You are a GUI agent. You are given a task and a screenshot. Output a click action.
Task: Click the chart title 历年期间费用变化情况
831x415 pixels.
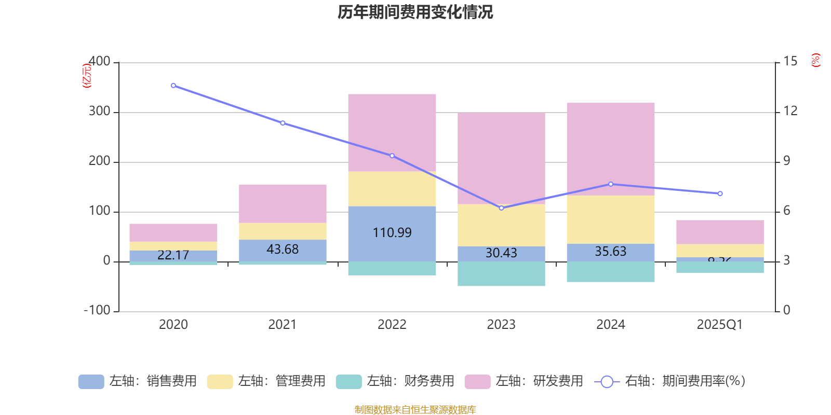tap(415, 12)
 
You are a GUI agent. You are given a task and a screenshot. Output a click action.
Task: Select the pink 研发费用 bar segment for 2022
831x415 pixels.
tap(392, 132)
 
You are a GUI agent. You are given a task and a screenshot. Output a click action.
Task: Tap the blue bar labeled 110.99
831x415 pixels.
tap(392, 233)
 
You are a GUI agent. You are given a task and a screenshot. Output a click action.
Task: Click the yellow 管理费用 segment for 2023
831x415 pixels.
tap(501, 225)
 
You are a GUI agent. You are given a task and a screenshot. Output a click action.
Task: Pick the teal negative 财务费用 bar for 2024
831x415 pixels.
tap(610, 272)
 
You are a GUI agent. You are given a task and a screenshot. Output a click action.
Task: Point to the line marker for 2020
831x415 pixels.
tap(173, 86)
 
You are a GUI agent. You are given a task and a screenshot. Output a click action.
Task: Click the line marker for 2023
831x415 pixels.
tap(501, 208)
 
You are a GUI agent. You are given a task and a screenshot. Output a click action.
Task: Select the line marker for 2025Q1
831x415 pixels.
tap(720, 193)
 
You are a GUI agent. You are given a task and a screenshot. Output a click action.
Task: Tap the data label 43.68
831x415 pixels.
tap(283, 250)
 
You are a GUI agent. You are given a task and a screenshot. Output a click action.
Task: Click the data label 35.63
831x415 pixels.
tap(610, 252)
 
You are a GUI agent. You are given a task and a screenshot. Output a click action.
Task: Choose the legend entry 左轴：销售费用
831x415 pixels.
tap(138, 381)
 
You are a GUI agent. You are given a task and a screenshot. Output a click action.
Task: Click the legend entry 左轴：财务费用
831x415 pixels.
tap(395, 381)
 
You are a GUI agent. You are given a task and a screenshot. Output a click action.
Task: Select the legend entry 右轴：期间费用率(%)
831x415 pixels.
tap(670, 381)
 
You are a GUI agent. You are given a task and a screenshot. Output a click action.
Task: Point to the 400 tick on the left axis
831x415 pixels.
tap(99, 62)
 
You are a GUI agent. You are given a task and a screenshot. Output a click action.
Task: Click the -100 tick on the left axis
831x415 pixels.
tap(97, 310)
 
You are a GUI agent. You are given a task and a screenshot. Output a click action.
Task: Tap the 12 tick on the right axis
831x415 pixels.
tap(790, 111)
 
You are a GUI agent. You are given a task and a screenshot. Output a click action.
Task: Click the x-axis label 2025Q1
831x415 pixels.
tap(719, 325)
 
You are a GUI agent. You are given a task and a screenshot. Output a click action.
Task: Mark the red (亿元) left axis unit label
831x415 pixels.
tap(87, 76)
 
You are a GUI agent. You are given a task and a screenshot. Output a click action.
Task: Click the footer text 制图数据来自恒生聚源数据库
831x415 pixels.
tap(415, 410)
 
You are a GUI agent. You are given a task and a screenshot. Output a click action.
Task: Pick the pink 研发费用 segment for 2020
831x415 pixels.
tap(173, 232)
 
